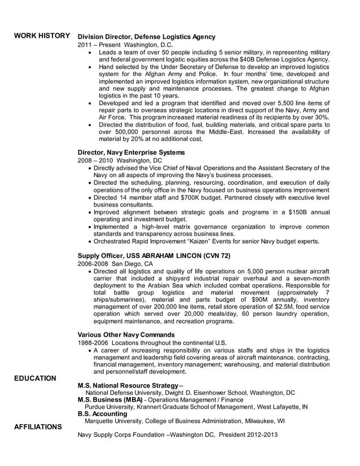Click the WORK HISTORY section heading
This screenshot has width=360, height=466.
pos(42,36)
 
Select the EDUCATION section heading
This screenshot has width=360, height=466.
pos(35,378)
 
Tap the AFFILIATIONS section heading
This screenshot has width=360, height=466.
pos(38,427)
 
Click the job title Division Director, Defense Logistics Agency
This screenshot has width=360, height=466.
pos(146,37)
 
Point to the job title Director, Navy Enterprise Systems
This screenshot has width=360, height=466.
pos(131,152)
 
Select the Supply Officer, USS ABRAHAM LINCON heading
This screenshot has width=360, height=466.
pos(153,256)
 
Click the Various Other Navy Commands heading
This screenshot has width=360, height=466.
pos(126,335)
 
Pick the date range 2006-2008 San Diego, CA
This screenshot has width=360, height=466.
pos(115,263)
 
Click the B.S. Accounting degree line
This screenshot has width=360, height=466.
pos(102,414)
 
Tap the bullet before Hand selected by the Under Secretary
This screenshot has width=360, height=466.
pos(91,67)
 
